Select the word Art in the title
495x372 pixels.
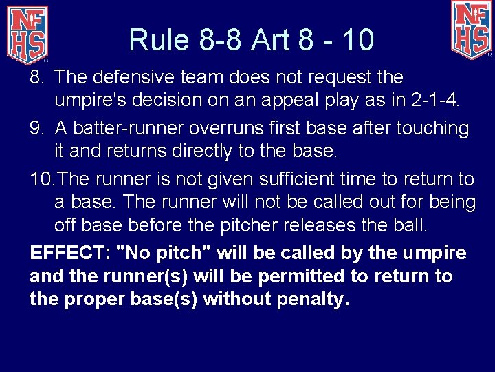pyautogui.click(x=271, y=39)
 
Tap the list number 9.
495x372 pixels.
pyautogui.click(x=36, y=128)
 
